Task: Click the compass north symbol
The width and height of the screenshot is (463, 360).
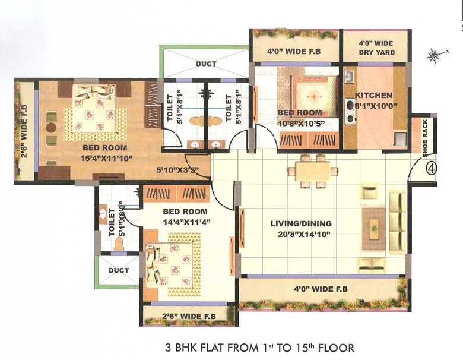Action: click(x=433, y=56)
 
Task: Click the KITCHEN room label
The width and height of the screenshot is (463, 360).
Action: click(x=373, y=95)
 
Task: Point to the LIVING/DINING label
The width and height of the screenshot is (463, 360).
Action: click(x=301, y=224)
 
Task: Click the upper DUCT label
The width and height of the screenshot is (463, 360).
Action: click(x=206, y=64)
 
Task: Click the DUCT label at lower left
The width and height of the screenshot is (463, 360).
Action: click(x=119, y=270)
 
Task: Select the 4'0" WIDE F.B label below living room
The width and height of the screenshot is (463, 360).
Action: click(x=321, y=289)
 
